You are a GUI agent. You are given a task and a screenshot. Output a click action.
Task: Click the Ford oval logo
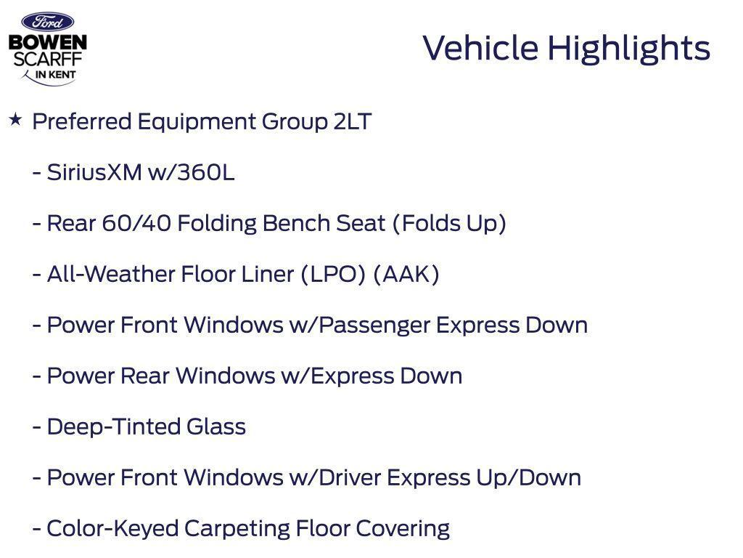point(47,22)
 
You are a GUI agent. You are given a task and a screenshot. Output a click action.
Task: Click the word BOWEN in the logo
point(47,43)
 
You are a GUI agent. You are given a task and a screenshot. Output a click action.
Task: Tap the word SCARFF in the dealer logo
point(47,58)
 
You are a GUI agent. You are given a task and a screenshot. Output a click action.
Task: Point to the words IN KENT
point(55,74)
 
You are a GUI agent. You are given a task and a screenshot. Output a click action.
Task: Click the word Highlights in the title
point(628,49)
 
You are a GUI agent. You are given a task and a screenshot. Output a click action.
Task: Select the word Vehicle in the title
point(480,49)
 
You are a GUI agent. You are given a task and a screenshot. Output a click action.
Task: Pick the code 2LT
point(353,121)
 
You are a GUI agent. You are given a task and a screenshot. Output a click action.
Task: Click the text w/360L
point(192,173)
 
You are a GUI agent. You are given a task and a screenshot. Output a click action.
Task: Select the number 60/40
point(136,223)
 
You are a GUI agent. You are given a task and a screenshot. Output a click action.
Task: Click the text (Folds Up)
point(449,223)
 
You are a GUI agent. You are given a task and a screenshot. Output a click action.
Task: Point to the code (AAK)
point(406,274)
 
